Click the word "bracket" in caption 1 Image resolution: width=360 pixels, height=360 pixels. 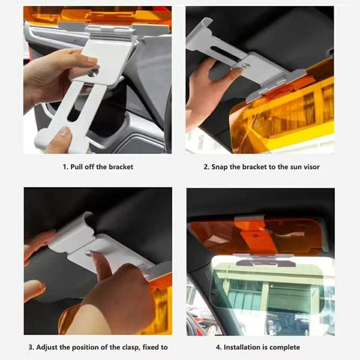pos(121,167)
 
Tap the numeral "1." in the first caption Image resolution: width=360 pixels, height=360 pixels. pos(66,167)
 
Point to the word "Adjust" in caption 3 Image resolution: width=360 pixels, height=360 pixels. pos(47,347)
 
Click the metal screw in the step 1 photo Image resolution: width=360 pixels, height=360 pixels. pos(93,73)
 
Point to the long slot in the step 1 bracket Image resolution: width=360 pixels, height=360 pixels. pos(82,104)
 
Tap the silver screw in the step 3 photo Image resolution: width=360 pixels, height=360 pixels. pos(88,253)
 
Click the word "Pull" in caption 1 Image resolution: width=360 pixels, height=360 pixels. pos(77,167)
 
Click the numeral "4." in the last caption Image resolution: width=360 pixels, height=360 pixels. pos(219,348)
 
